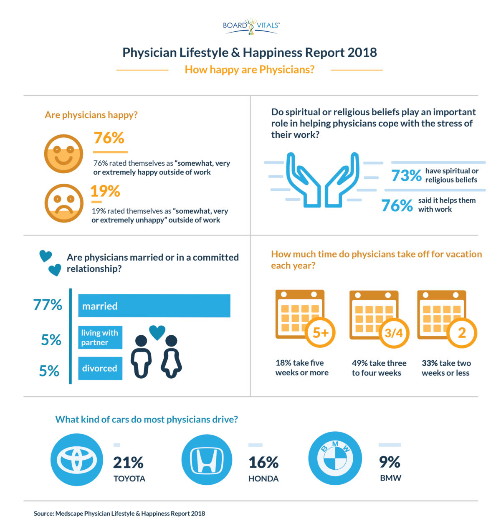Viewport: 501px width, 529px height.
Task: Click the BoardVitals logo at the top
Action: coord(251,26)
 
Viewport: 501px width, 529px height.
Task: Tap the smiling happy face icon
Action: coord(64,154)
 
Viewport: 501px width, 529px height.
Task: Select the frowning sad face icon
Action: coord(64,203)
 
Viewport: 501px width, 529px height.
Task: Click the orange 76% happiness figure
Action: coord(109,138)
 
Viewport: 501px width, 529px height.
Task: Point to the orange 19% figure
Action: coord(105,191)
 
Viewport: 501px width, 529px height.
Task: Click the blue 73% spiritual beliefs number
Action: coord(406,175)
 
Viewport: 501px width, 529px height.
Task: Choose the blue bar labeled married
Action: coord(154,306)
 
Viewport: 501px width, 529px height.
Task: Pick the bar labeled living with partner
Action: coord(100,337)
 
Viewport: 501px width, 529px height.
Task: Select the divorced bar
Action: coord(100,368)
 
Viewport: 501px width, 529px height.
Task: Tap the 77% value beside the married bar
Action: coord(48,305)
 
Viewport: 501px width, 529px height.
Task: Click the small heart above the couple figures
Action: coord(157,332)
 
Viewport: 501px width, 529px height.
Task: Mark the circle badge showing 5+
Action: coord(321,333)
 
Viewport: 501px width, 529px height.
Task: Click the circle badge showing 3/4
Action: coord(394,333)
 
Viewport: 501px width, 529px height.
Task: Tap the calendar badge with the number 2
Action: coord(462,333)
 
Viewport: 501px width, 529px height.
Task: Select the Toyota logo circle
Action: coord(77,460)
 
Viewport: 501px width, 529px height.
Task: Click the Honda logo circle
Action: coord(207,460)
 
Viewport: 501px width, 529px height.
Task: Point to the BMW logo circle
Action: coord(335,458)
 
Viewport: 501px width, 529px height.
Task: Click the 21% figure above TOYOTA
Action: coord(128,463)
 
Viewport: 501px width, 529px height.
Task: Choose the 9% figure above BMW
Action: coord(390,462)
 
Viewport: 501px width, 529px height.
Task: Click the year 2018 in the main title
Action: coord(362,53)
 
